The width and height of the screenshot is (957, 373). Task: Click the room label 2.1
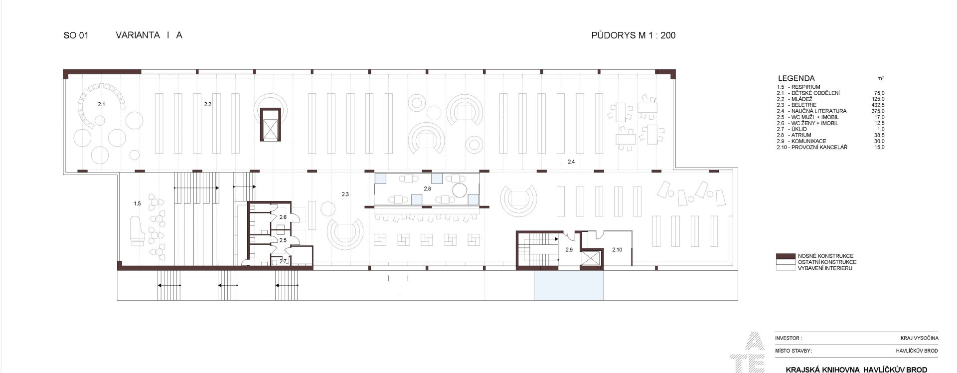[101, 104]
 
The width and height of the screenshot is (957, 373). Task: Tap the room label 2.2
[208, 104]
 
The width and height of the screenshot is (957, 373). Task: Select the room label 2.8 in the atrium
[427, 189]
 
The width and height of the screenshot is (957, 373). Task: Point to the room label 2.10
[617, 250]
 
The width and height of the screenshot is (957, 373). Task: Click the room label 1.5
[137, 203]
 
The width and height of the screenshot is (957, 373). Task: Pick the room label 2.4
[571, 162]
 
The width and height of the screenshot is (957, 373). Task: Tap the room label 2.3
[345, 194]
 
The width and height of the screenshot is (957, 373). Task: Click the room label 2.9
[569, 250]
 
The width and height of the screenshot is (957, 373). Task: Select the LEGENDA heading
[796, 78]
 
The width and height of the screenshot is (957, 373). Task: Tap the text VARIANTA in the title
[138, 35]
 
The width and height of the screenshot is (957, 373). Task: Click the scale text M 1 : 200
[653, 35]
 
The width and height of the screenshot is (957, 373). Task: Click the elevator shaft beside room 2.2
[270, 125]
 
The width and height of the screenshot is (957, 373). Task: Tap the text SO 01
[76, 35]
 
